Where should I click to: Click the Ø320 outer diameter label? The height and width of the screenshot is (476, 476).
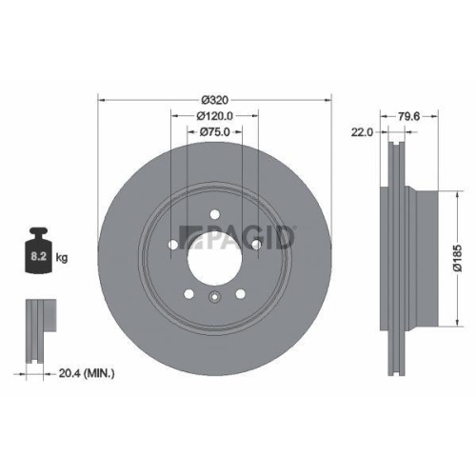click(215, 98)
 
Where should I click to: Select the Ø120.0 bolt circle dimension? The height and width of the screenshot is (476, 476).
click(215, 116)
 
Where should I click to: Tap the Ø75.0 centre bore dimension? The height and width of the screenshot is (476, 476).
click(215, 134)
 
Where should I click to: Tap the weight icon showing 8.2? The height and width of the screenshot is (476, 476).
click(40, 250)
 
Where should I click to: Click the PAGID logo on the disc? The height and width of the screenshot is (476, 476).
click(244, 234)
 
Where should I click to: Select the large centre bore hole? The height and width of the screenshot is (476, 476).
click(215, 251)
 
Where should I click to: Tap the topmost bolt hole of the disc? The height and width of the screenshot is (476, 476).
click(215, 213)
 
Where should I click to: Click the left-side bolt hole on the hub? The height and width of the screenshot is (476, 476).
click(172, 245)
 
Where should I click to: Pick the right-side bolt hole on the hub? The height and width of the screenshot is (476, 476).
click(257, 245)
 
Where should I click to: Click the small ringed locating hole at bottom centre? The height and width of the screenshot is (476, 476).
click(215, 297)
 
